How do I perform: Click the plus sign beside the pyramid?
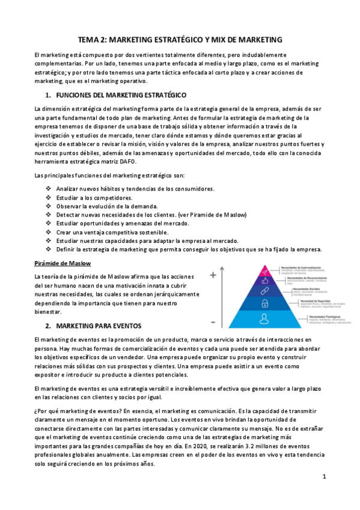coord(213,275)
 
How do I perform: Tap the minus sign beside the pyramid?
coord(213,322)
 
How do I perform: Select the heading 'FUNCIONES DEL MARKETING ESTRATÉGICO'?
coord(121,96)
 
